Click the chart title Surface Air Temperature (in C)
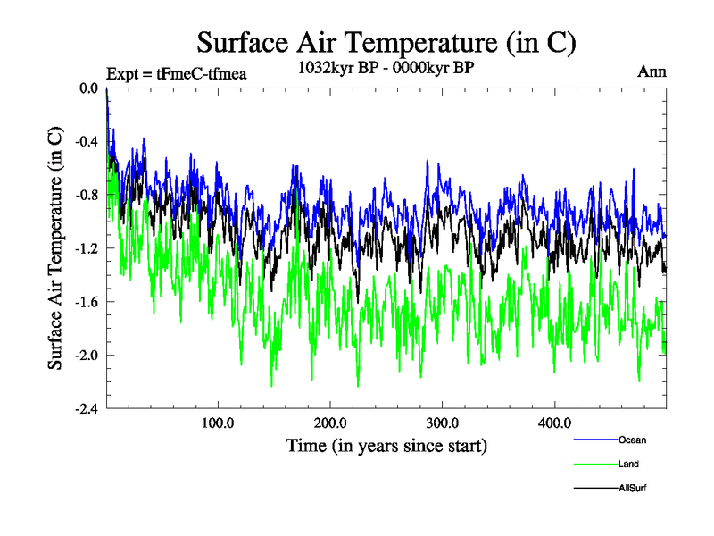(x=386, y=43)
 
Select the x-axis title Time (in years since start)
(x=386, y=444)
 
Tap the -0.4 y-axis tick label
(x=87, y=141)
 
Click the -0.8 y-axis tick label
(x=87, y=195)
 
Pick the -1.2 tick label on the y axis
(x=87, y=248)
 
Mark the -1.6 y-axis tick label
(x=87, y=302)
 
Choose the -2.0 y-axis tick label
(x=87, y=356)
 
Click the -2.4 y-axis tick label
(x=87, y=409)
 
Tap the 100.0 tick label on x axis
(x=218, y=422)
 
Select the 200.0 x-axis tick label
(x=330, y=422)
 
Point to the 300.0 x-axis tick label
(x=443, y=422)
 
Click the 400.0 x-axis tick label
(x=555, y=422)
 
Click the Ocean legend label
(x=632, y=440)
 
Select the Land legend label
(x=628, y=465)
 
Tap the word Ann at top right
(x=652, y=72)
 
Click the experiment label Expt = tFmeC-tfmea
(x=176, y=73)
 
